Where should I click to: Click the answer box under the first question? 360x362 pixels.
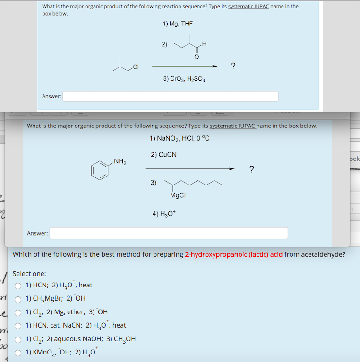click(x=170, y=96)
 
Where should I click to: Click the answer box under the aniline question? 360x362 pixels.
click(x=169, y=233)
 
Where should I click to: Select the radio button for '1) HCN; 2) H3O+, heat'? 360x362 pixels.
click(x=18, y=285)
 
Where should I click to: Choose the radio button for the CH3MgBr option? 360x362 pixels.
click(x=18, y=298)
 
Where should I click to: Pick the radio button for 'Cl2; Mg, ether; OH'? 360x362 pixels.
click(x=18, y=312)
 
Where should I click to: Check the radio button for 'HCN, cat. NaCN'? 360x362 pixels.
click(x=18, y=325)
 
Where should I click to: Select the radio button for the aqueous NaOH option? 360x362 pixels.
click(x=18, y=339)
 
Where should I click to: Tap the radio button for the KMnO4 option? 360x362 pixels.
click(x=18, y=352)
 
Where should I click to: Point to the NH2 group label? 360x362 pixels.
click(x=120, y=162)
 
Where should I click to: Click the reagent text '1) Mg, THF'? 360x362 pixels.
click(x=178, y=24)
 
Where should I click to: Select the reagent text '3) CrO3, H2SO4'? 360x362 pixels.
click(x=184, y=79)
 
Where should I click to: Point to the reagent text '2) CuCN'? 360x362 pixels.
click(x=164, y=154)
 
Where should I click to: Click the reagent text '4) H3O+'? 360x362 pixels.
click(x=163, y=213)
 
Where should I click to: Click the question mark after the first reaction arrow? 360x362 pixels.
click(x=233, y=66)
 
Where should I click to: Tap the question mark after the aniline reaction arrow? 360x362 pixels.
click(x=251, y=169)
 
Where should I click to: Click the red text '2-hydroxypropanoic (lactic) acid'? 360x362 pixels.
click(x=234, y=254)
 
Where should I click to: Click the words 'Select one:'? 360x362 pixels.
click(x=29, y=274)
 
